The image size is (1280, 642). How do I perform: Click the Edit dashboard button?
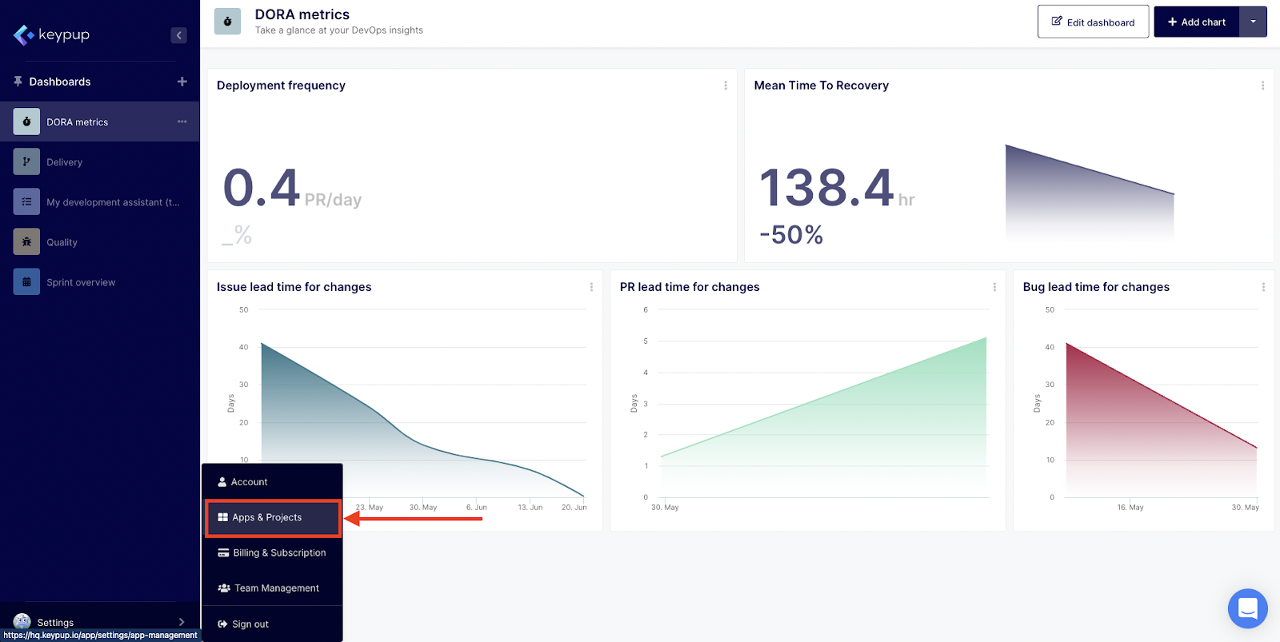point(1093,22)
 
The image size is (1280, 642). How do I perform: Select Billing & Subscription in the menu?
point(273,553)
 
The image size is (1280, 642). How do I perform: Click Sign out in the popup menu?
point(250,624)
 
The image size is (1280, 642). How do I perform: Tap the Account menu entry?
point(249,482)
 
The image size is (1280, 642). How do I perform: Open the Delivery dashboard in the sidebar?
point(64,162)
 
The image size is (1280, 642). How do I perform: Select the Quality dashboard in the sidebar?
point(62,242)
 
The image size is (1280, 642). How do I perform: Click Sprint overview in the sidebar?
point(80,282)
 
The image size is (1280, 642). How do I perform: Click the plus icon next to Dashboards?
point(182,82)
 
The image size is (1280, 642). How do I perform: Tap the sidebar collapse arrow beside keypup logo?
point(179,35)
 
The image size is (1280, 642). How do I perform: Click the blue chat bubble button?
point(1247,608)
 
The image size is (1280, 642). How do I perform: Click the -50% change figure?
point(791,235)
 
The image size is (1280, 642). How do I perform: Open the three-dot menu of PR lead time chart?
point(994,287)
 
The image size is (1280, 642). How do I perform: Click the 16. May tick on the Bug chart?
point(1130,508)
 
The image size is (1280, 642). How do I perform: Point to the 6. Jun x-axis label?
point(476,508)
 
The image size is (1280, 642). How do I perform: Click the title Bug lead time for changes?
point(1096,287)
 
